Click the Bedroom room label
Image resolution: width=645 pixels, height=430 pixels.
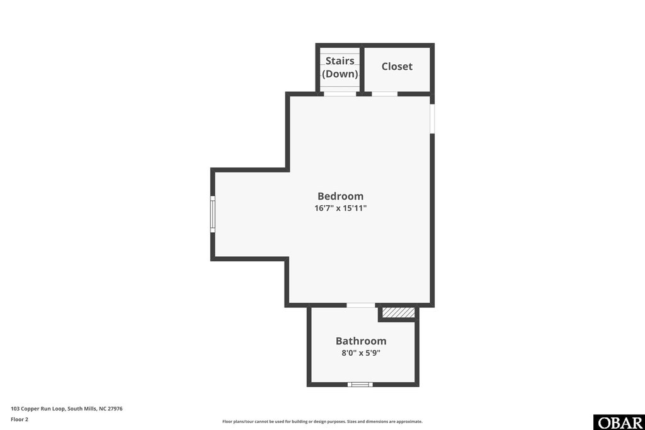(340, 196)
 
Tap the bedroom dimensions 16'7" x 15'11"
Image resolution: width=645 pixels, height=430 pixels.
(340, 208)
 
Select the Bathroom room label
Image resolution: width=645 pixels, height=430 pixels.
(361, 341)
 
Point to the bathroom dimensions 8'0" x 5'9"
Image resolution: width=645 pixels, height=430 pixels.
(361, 353)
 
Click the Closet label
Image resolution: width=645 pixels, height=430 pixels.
(397, 66)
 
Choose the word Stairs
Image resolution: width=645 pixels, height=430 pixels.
(340, 61)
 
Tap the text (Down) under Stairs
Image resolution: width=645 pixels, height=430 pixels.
(340, 74)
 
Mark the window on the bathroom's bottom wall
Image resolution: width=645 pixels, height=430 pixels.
(360, 384)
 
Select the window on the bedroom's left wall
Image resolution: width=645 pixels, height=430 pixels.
(213, 214)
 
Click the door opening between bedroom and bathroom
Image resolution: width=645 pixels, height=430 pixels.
(361, 305)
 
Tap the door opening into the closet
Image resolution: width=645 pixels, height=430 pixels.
(384, 94)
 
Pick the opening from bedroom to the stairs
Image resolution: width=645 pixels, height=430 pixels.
(340, 94)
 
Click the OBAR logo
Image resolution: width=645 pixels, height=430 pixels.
(619, 422)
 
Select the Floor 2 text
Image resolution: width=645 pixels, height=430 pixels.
(20, 419)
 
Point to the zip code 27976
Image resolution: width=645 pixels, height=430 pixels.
(115, 409)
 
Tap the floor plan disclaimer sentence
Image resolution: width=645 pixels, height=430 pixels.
(322, 422)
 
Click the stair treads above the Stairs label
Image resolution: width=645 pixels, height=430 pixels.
(340, 52)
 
